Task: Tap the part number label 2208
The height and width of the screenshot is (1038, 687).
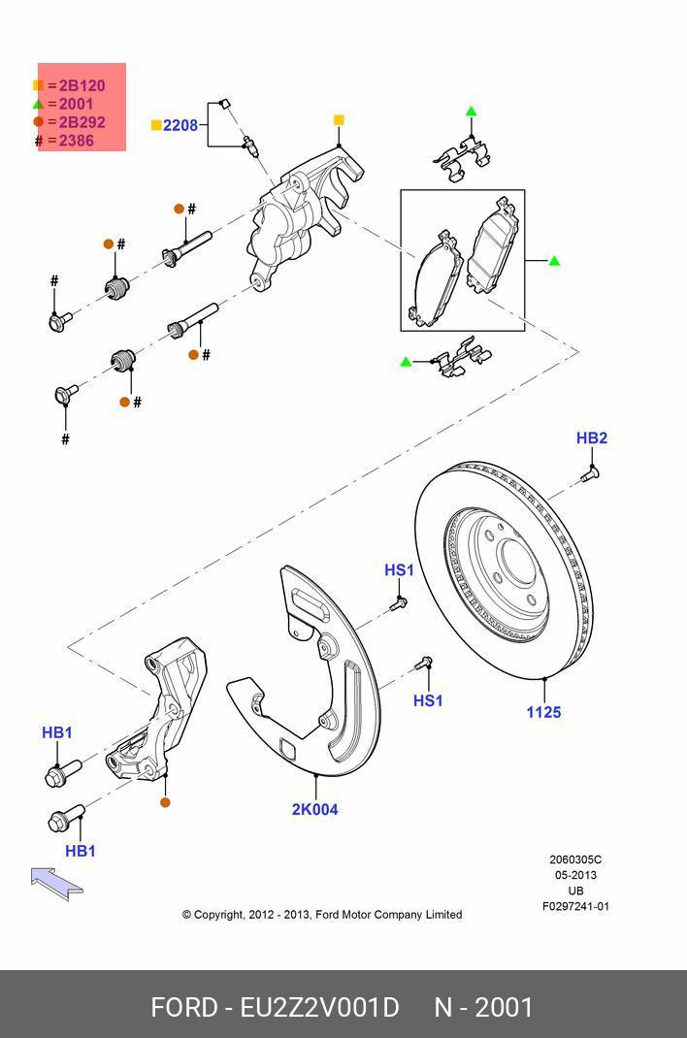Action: tap(180, 125)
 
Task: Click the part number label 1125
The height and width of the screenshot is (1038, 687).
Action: tap(543, 712)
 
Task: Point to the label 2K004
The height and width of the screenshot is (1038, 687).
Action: tap(315, 809)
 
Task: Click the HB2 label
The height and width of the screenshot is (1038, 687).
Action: tap(591, 438)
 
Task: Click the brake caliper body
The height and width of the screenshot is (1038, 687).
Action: tap(291, 228)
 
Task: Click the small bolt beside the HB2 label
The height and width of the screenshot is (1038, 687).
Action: tap(590, 474)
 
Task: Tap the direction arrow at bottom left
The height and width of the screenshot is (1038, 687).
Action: tap(56, 882)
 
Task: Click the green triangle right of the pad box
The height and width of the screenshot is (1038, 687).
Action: tap(554, 261)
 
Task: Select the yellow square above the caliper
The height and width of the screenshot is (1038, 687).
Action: tap(339, 120)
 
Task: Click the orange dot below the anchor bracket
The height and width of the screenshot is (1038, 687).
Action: tap(165, 802)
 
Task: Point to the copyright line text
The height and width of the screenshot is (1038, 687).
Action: tap(321, 914)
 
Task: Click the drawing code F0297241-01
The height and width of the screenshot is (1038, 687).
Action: tap(575, 906)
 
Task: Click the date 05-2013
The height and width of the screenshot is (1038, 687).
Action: tap(575, 875)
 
